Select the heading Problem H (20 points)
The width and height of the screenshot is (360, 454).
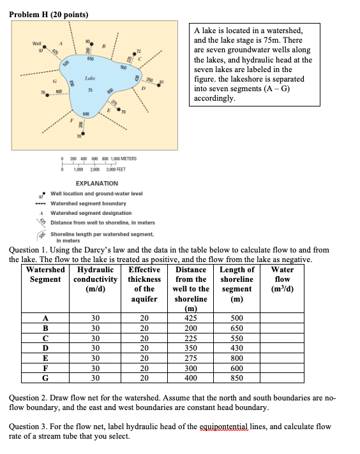pos(49,14)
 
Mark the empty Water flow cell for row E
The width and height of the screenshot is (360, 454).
pos(281,358)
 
